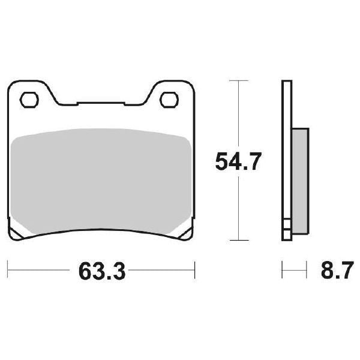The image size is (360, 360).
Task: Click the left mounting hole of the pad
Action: (29, 98)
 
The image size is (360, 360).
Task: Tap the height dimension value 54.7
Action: (238, 161)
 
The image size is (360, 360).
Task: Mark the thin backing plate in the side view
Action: (286, 150)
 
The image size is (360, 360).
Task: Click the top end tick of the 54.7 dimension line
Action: (239, 80)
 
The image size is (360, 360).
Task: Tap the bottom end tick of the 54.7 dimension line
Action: (239, 241)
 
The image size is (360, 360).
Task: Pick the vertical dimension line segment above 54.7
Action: (239, 114)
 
